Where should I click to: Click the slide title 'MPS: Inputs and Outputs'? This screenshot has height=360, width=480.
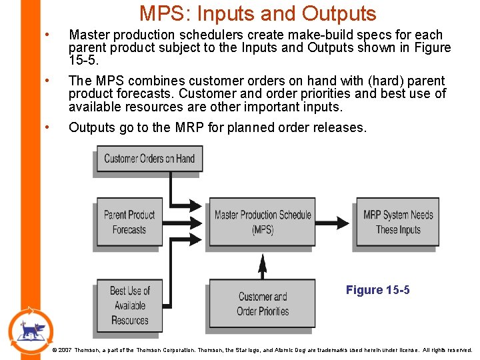pos(257,13)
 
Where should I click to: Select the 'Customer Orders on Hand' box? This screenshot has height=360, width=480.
pos(149,159)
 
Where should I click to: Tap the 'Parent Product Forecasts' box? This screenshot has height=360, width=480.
pos(129,222)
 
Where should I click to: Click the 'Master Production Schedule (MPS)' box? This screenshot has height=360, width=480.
pos(262,222)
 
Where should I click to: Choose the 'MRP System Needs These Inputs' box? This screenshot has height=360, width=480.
pos(397,222)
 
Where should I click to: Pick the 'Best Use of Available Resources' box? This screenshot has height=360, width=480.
pos(129,305)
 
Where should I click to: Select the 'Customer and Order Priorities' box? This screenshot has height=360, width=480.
pos(262,304)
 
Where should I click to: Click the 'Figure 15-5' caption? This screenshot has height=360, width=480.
pos(377,290)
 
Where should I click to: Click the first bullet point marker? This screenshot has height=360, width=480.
pos(46,35)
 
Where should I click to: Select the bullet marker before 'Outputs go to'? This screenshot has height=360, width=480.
pos(46,127)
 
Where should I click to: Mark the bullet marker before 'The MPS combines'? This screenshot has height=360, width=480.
pos(46,81)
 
